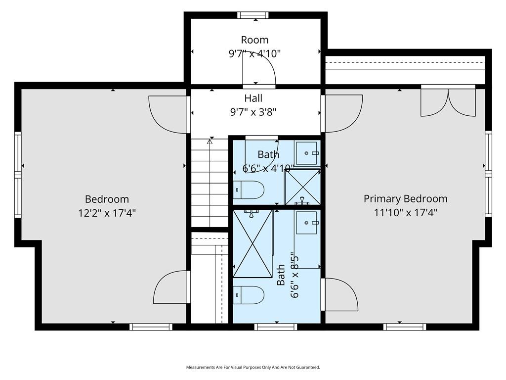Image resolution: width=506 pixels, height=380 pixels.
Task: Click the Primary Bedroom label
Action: pyautogui.click(x=406, y=199)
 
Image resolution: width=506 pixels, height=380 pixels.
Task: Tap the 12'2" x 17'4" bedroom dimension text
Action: pyautogui.click(x=107, y=213)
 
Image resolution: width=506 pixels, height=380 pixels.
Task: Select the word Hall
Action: pyautogui.click(x=253, y=98)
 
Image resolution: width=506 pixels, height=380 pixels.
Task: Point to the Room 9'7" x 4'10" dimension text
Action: pyautogui.click(x=254, y=53)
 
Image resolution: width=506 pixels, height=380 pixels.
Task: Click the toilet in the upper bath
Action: pyautogui.click(x=249, y=190)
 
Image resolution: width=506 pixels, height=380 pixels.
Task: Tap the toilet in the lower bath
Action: pyautogui.click(x=249, y=295)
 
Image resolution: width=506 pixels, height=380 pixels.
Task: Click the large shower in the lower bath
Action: pyautogui.click(x=253, y=243)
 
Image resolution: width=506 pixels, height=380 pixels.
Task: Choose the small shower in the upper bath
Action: pyautogui.click(x=303, y=187)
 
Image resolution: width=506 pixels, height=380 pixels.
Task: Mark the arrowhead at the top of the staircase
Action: pyautogui.click(x=210, y=141)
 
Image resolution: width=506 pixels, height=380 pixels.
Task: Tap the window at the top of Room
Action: pyautogui.click(x=253, y=15)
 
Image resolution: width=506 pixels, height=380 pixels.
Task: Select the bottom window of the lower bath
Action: pyautogui.click(x=276, y=327)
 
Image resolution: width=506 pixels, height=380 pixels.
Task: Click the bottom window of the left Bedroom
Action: pyautogui.click(x=151, y=327)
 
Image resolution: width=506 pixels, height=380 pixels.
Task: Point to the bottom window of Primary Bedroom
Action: pyautogui.click(x=405, y=327)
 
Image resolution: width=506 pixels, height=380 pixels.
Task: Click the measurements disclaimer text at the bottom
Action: pyautogui.click(x=253, y=368)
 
